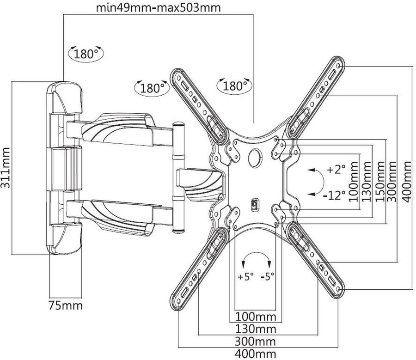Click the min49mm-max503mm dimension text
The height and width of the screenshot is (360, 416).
[x=158, y=8]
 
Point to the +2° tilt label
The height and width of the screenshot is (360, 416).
[x=336, y=170]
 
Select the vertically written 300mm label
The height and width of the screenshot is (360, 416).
[x=393, y=181]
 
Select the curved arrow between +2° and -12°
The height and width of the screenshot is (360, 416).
[x=316, y=182]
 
